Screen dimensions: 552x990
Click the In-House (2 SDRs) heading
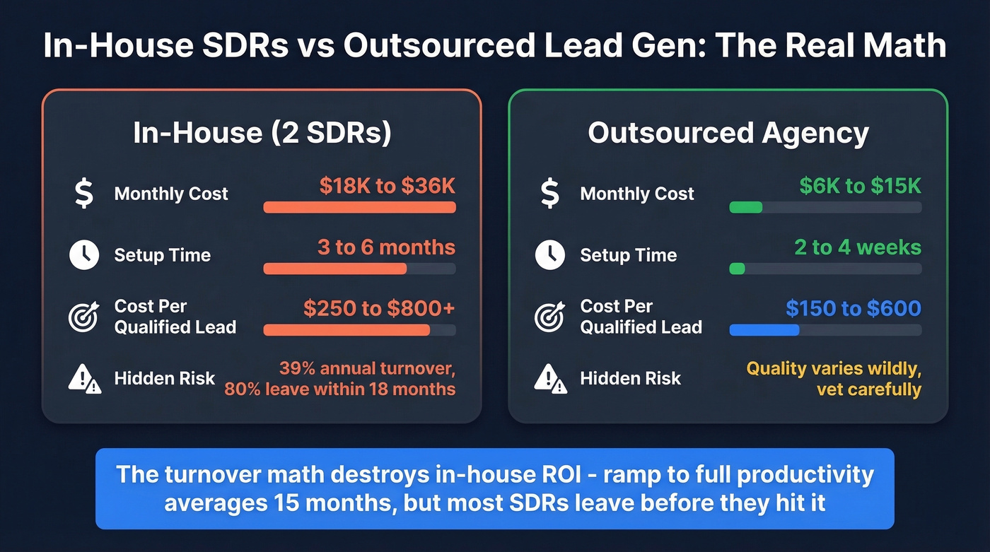click(x=262, y=134)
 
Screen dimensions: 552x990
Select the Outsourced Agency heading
click(x=728, y=134)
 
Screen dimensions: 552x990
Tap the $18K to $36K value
click(x=387, y=186)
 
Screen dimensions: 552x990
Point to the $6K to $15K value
click(x=860, y=186)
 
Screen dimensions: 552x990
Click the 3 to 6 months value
click(x=386, y=247)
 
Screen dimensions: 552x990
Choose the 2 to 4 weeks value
click(x=858, y=247)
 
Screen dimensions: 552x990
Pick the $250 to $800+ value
click(x=379, y=309)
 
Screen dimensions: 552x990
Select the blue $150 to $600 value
click(x=854, y=309)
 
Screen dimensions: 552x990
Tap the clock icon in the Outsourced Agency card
click(x=549, y=255)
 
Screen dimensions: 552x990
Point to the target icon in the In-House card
click(x=83, y=317)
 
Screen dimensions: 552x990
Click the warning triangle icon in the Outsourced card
click(x=549, y=379)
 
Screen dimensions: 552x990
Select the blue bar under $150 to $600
click(x=764, y=330)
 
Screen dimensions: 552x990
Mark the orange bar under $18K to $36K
click(x=359, y=207)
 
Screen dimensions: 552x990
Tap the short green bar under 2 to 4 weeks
click(x=737, y=269)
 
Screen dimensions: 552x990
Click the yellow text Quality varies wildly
click(x=834, y=369)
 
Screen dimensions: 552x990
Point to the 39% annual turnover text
click(x=367, y=369)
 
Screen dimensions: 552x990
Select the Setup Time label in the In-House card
click(x=163, y=255)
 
